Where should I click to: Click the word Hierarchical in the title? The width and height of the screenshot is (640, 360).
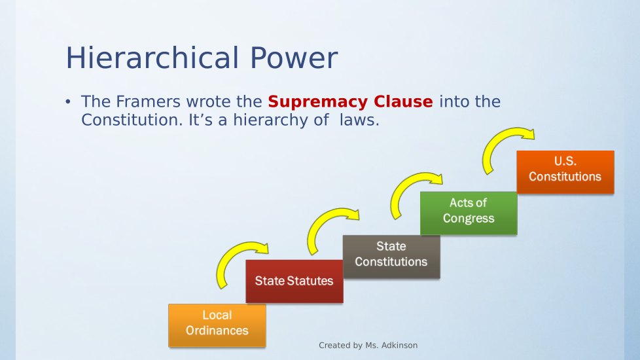pyautogui.click(x=152, y=58)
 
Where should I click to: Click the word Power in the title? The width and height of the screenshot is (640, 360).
pyautogui.click(x=294, y=58)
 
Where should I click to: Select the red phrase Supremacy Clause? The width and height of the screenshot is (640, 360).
pyautogui.click(x=350, y=101)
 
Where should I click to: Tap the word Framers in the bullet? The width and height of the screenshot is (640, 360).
pyautogui.click(x=148, y=101)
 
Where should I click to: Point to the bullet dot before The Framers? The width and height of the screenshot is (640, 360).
pyautogui.click(x=68, y=101)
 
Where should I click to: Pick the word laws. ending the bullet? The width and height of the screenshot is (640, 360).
pyautogui.click(x=360, y=120)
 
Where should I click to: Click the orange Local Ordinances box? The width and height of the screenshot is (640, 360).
pyautogui.click(x=217, y=325)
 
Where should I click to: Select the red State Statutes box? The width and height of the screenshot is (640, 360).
pyautogui.click(x=294, y=281)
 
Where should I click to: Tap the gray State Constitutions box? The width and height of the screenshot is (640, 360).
pyautogui.click(x=391, y=257)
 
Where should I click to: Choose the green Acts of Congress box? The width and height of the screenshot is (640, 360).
pyautogui.click(x=469, y=213)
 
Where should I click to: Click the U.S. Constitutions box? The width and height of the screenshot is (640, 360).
pyautogui.click(x=565, y=172)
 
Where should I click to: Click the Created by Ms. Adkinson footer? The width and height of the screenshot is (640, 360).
pyautogui.click(x=368, y=346)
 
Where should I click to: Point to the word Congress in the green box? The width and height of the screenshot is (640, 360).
pyautogui.click(x=469, y=219)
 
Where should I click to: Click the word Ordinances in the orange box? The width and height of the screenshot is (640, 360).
pyautogui.click(x=217, y=330)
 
